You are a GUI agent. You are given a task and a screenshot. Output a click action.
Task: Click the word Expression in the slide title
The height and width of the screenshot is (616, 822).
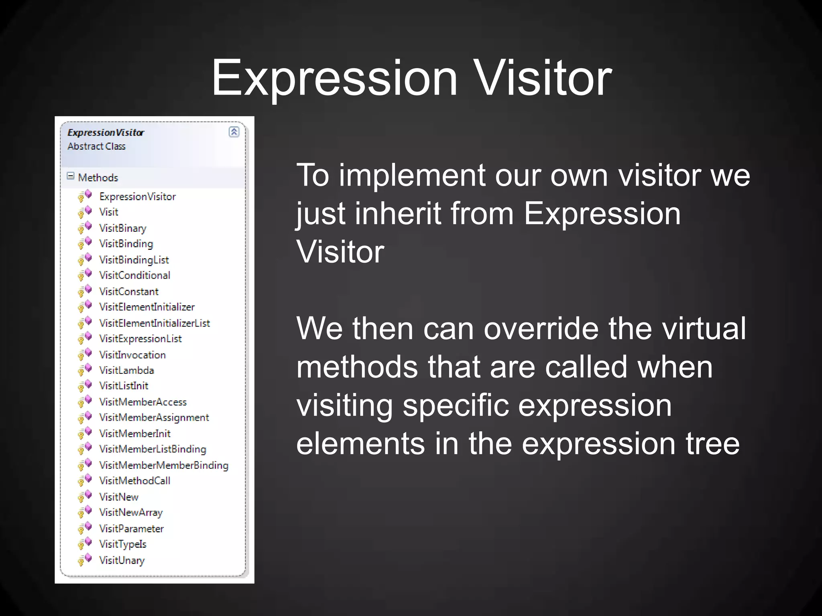tap(334, 78)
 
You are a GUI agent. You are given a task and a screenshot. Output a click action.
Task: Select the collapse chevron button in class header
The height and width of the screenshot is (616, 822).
tap(234, 132)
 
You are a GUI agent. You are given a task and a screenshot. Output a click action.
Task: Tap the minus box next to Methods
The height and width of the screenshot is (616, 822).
tap(71, 176)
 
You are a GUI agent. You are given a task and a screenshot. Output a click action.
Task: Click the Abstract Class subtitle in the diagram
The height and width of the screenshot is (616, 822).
tap(96, 146)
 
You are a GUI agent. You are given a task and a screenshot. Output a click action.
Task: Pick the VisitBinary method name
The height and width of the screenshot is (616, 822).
tap(123, 228)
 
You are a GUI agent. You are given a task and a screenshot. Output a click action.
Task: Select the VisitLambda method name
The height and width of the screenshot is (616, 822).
tap(126, 370)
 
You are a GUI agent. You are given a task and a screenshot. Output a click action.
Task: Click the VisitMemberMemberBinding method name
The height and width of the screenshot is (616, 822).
tap(164, 465)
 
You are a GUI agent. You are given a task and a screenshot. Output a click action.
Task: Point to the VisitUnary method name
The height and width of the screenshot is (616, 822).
tap(122, 560)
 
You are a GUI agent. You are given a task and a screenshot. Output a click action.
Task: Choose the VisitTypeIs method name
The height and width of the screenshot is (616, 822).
tap(123, 544)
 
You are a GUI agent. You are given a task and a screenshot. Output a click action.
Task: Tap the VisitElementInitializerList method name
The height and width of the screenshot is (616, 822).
tap(155, 323)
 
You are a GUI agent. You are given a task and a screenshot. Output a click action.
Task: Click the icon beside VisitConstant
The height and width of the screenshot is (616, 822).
tap(85, 291)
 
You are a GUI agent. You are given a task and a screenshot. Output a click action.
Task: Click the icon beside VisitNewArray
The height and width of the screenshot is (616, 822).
tap(85, 512)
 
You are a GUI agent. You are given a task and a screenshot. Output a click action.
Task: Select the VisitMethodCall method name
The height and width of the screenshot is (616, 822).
tap(134, 481)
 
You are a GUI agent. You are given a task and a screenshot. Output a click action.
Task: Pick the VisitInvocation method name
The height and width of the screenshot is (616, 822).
tap(132, 355)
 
